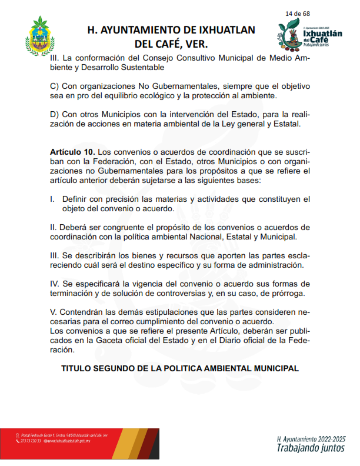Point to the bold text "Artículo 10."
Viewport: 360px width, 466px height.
click(x=72, y=152)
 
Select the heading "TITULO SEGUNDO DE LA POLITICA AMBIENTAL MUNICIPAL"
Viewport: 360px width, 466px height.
click(x=180, y=368)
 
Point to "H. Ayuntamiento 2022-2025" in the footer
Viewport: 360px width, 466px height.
click(x=310, y=439)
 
